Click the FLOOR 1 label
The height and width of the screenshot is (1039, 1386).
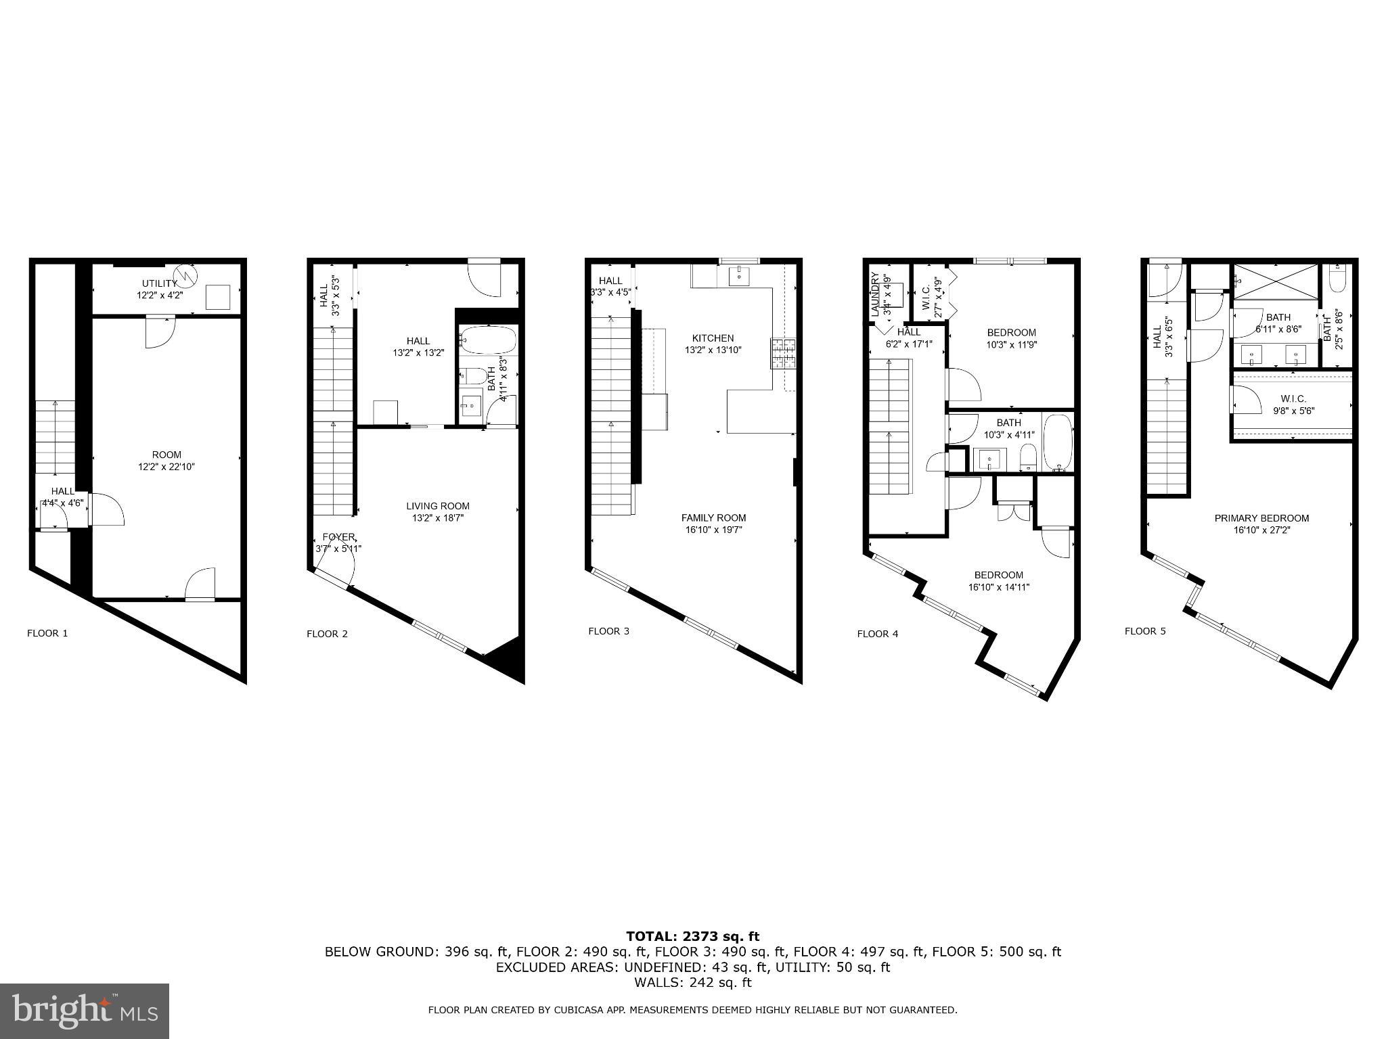47,633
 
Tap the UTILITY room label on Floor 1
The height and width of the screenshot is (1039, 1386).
159,283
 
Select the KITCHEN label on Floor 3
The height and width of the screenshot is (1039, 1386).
713,338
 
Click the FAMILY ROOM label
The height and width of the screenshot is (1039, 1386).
713,517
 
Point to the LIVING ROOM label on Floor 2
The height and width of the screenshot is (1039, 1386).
437,506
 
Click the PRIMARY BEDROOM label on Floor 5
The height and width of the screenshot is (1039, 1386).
1261,518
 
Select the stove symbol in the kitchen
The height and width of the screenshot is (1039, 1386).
783,353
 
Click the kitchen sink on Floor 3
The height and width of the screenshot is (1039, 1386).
739,275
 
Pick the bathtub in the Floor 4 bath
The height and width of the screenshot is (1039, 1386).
1058,442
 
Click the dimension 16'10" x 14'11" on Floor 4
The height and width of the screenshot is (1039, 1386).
998,587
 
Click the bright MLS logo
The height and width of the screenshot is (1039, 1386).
85,1011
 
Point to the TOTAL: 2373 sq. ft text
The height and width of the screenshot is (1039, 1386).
692,936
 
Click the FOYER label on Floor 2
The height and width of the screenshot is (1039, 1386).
338,537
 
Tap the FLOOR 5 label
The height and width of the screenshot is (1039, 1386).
1145,631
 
